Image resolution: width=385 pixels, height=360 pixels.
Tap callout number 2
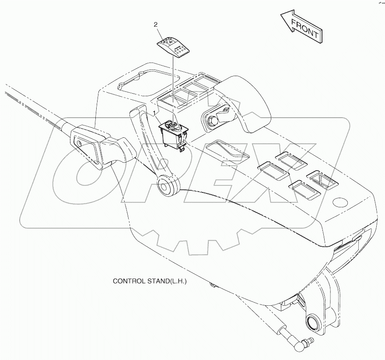coord(155,25)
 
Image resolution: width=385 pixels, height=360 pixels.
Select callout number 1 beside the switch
coord(154,113)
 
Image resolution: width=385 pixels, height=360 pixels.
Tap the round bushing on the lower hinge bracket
coord(314,322)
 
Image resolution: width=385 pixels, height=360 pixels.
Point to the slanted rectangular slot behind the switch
coord(227,149)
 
